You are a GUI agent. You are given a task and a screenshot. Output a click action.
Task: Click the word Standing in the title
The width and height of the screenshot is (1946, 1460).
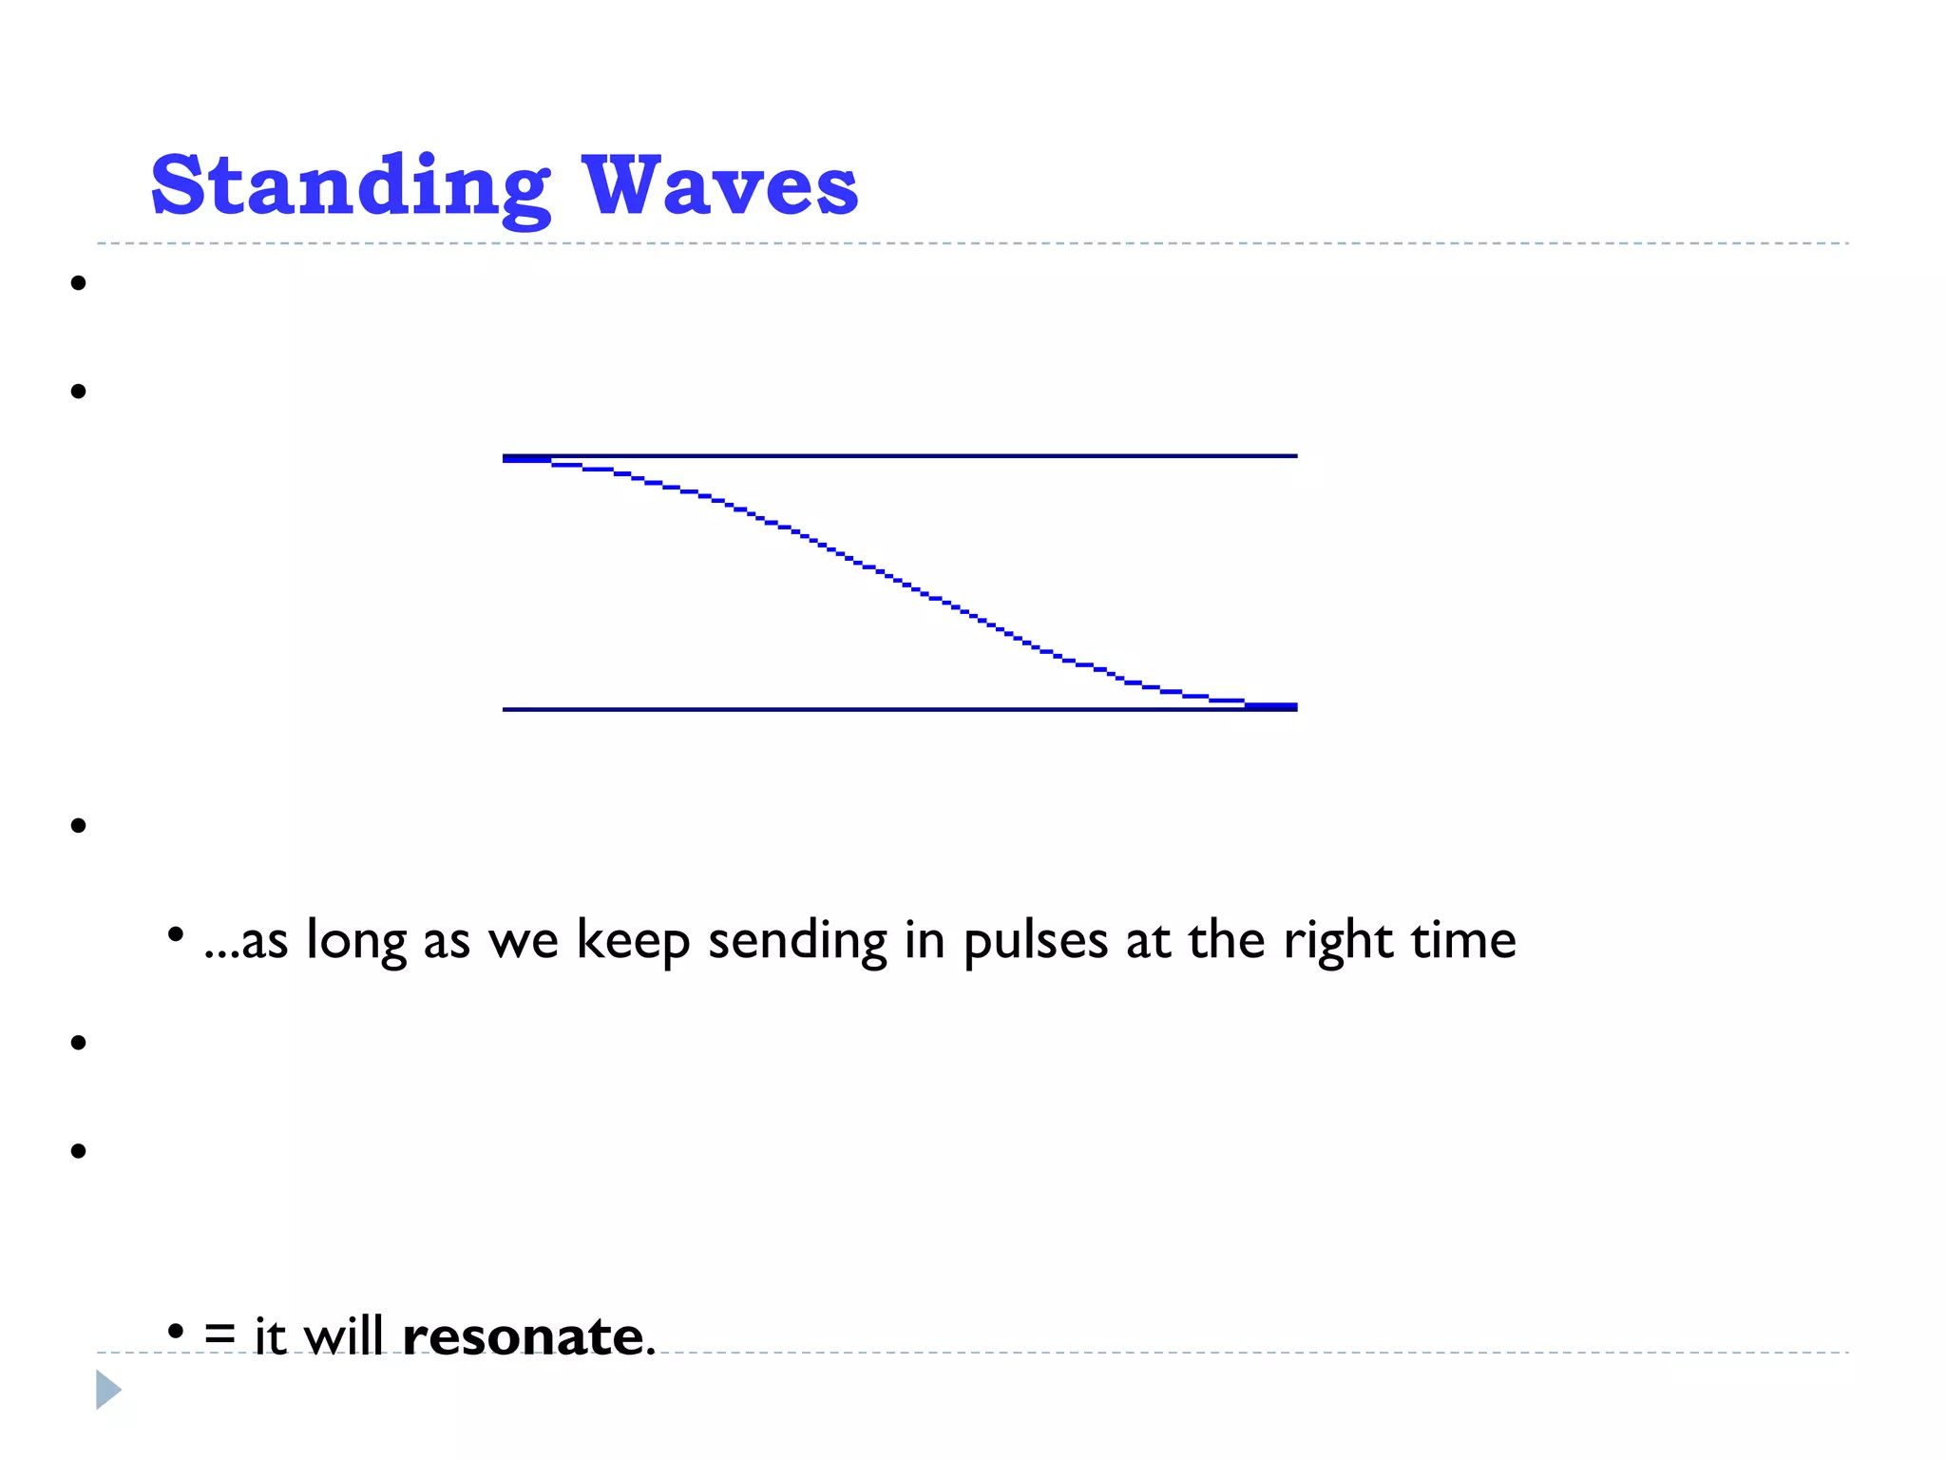tap(350, 186)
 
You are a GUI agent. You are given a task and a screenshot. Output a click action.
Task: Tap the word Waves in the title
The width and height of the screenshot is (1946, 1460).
tap(719, 186)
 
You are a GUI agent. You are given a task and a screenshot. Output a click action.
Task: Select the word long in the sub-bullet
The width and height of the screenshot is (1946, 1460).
tap(355, 941)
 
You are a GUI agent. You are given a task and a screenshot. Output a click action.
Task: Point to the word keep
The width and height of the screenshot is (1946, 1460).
tap(633, 941)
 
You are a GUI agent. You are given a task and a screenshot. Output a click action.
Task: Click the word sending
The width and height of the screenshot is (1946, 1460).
tap(797, 941)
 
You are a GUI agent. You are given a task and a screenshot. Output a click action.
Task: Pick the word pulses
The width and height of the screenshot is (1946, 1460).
tap(1036, 941)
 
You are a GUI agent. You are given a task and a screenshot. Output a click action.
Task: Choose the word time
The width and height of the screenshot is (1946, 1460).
tap(1463, 941)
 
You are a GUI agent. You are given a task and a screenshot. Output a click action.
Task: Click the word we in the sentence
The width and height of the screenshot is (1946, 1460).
tap(523, 941)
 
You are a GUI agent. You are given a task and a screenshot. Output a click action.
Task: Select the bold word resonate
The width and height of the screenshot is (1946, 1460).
tap(524, 1336)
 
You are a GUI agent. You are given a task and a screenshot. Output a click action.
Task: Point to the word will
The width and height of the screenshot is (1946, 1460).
tap(344, 1336)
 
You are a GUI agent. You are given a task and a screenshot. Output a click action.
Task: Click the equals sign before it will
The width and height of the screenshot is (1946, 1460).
tap(219, 1335)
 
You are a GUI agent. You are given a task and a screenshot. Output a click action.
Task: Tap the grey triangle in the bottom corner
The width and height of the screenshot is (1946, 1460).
tap(108, 1390)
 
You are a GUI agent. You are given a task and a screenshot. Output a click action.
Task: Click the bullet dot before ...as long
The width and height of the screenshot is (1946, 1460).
tap(175, 935)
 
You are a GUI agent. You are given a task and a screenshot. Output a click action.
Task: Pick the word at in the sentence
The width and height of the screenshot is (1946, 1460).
tap(1148, 941)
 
